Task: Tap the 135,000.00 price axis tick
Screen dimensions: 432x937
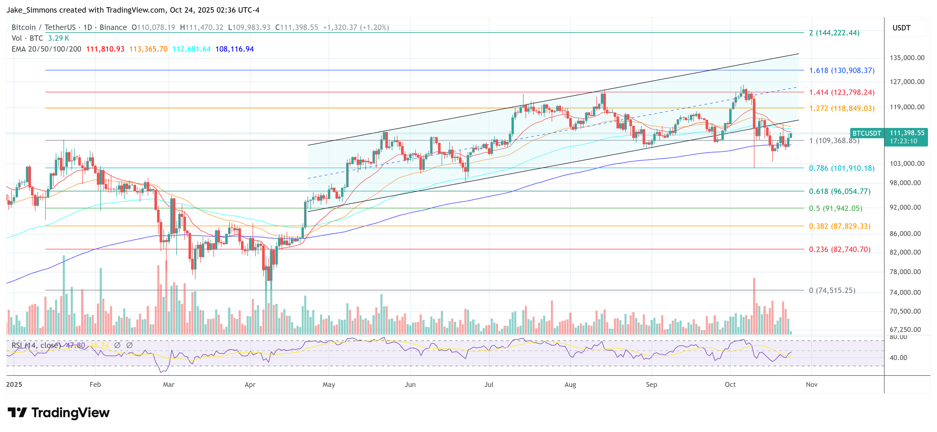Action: pyautogui.click(x=907, y=58)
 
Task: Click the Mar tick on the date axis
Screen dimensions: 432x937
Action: pyautogui.click(x=168, y=384)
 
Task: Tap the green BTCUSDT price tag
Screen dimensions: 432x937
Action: pyautogui.click(x=866, y=133)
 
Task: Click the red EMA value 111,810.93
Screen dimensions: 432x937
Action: pyautogui.click(x=105, y=49)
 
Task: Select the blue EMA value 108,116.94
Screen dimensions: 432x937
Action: pyautogui.click(x=234, y=49)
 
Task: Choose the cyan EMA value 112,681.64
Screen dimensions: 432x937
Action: pyautogui.click(x=191, y=49)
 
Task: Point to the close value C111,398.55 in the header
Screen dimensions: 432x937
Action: pyautogui.click(x=296, y=27)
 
